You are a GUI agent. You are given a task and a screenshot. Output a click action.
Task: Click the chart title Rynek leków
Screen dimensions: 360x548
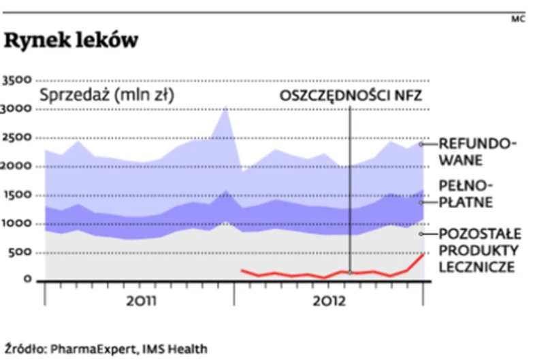(71, 41)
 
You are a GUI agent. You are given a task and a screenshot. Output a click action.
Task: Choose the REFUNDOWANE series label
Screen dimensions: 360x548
(477, 152)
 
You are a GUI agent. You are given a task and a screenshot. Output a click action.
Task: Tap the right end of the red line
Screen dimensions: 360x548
(423, 254)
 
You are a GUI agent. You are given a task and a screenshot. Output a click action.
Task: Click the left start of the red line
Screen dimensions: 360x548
(242, 270)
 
